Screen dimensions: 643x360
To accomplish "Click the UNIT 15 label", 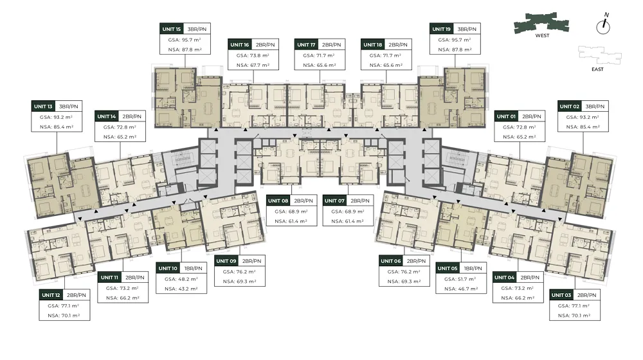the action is coord(172,29).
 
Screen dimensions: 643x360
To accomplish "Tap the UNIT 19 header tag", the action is coord(441,29).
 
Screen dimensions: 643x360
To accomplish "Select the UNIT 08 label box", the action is coord(278,201).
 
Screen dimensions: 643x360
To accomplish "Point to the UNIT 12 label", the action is coord(51,295).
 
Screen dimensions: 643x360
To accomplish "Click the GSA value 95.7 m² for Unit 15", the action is coord(185,40).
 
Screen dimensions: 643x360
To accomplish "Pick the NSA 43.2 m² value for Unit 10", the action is coord(181,289).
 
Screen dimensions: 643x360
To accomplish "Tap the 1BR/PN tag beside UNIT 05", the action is coord(473,268).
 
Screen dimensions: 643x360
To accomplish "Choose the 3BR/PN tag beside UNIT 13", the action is coord(69,106).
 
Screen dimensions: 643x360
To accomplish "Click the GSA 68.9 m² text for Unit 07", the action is coord(348,212).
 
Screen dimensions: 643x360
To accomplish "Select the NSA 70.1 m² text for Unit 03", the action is coord(574,316).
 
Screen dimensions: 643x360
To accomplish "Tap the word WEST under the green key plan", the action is coord(542,35).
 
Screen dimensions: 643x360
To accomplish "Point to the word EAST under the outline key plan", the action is coord(597,69).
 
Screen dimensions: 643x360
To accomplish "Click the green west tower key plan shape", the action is coord(541,23).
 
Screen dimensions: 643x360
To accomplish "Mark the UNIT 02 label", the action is coord(570,106).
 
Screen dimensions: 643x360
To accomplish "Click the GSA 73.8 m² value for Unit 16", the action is coord(253,55).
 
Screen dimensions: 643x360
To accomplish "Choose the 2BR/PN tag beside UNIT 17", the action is coord(331,45).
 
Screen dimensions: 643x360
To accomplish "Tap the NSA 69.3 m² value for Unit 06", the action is coord(404,282).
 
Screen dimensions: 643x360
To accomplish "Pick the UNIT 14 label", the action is coord(107,116).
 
